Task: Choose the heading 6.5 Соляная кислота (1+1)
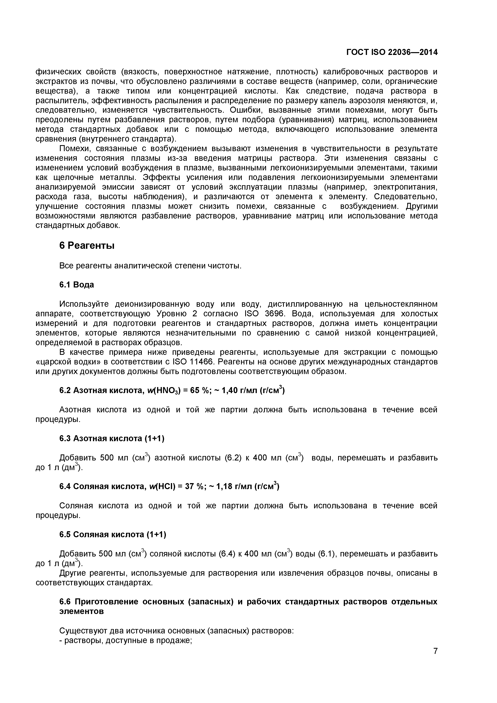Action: pyautogui.click(x=113, y=535)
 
